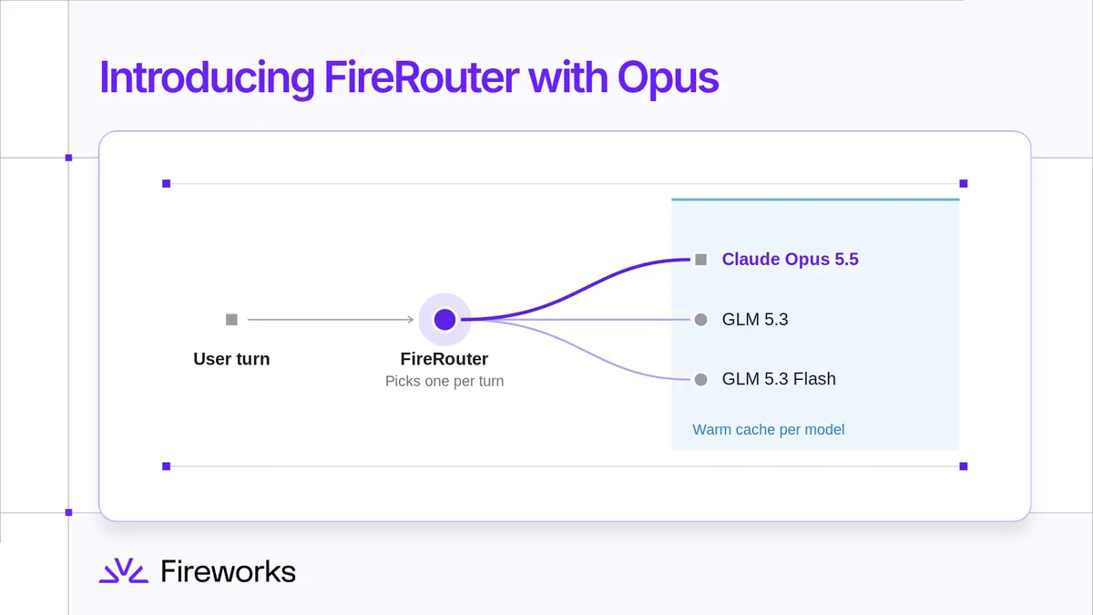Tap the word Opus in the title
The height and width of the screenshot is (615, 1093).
[x=668, y=79]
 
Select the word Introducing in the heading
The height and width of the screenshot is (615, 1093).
[x=207, y=79]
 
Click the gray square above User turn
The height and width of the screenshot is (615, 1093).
[x=231, y=320]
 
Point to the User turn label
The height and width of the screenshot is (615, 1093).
[x=231, y=359]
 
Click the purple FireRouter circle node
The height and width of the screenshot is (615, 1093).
[x=444, y=320]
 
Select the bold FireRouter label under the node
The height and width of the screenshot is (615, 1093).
[x=444, y=359]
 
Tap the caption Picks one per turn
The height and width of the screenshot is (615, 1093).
[x=444, y=381]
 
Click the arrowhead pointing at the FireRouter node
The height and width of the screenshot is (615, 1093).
[x=411, y=320]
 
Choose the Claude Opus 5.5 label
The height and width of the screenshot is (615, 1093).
[x=790, y=259]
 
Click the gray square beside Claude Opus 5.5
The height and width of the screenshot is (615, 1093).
[x=700, y=260]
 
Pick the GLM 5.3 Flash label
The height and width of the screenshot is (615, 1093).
[x=779, y=379]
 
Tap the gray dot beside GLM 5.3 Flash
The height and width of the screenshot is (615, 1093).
[x=700, y=379]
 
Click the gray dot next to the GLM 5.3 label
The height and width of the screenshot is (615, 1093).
[x=700, y=320]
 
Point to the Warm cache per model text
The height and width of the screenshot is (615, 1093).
[x=769, y=429]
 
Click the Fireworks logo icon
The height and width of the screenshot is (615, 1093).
[x=124, y=570]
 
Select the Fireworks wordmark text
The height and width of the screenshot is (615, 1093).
[x=229, y=571]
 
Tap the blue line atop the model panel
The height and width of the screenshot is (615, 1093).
[x=815, y=200]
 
